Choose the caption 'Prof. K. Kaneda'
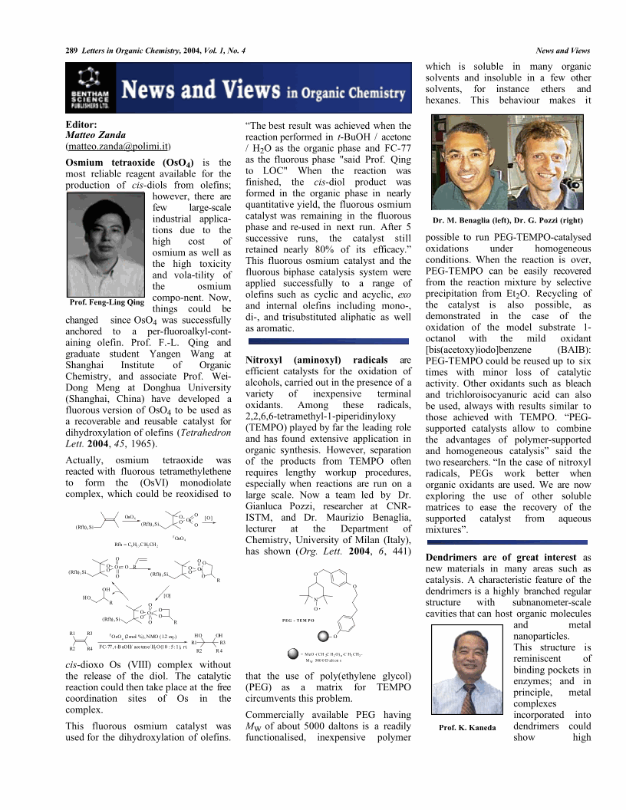point(467,727)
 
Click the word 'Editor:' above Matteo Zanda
point(81,123)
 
